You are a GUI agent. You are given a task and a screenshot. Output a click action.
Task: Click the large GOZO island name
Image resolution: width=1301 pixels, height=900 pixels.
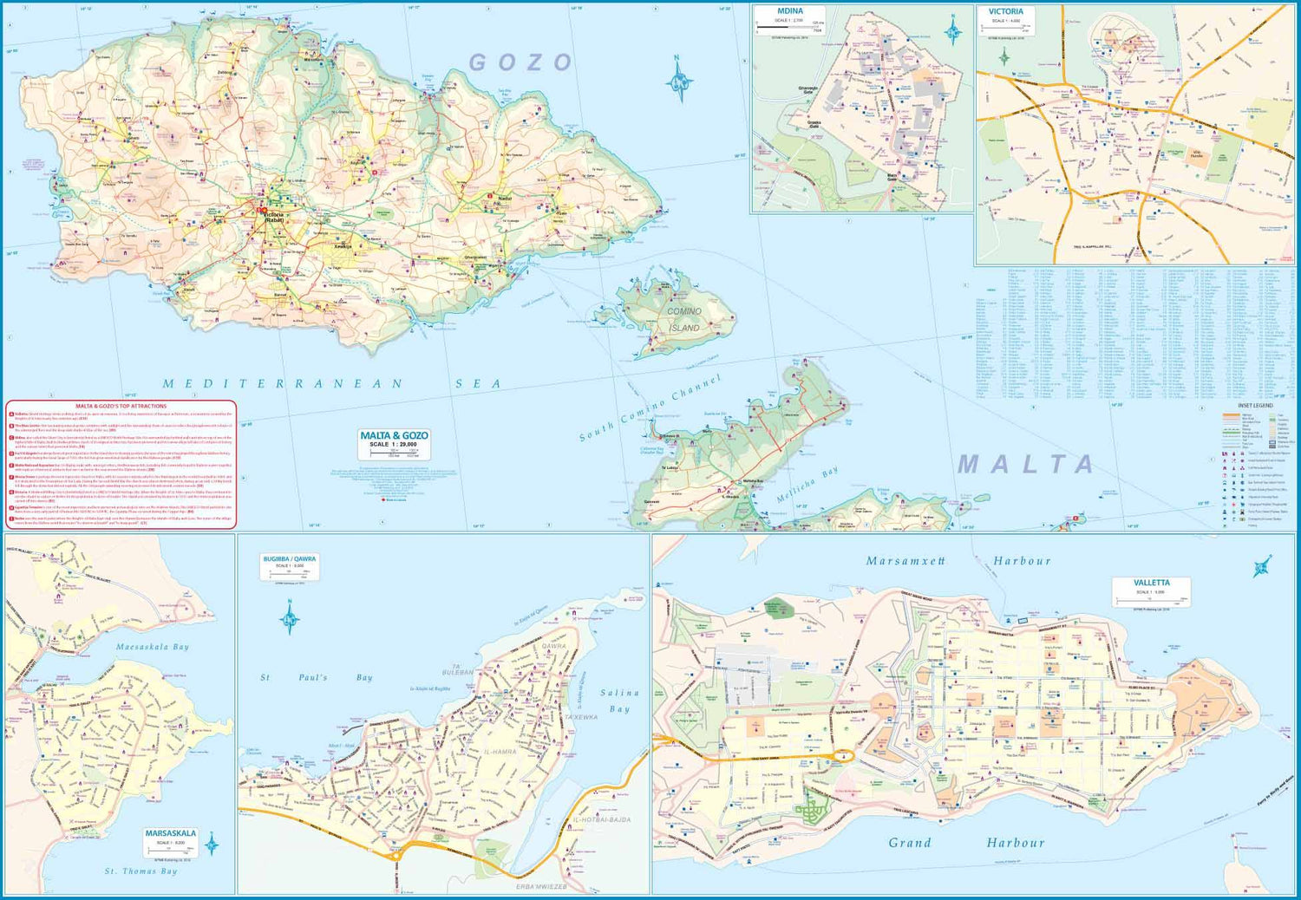pos(521,62)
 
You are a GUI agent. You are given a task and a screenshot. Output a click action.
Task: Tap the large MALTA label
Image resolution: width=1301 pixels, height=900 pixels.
pos(1026,464)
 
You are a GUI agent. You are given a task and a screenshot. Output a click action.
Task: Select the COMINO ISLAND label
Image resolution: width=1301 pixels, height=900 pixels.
pos(683,320)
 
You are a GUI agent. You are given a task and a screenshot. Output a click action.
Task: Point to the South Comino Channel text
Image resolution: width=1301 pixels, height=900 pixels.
pos(650,408)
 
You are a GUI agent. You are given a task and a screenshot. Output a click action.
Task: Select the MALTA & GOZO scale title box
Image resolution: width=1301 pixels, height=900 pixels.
pos(395,441)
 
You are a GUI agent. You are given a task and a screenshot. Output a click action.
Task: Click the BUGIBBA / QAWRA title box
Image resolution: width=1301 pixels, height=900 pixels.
pos(291,564)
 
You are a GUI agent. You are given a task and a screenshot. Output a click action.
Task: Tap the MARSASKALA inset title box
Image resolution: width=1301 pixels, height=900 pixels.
pos(170,838)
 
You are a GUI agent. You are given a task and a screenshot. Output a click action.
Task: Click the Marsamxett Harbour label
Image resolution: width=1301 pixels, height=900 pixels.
pos(958,561)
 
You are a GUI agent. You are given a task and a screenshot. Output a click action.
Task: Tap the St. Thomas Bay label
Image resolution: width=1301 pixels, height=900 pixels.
pos(141,871)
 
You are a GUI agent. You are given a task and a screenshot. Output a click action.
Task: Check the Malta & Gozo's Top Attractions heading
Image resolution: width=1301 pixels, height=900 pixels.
pos(121,406)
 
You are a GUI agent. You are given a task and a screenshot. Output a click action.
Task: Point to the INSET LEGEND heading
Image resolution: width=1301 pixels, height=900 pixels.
pos(1255,406)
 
